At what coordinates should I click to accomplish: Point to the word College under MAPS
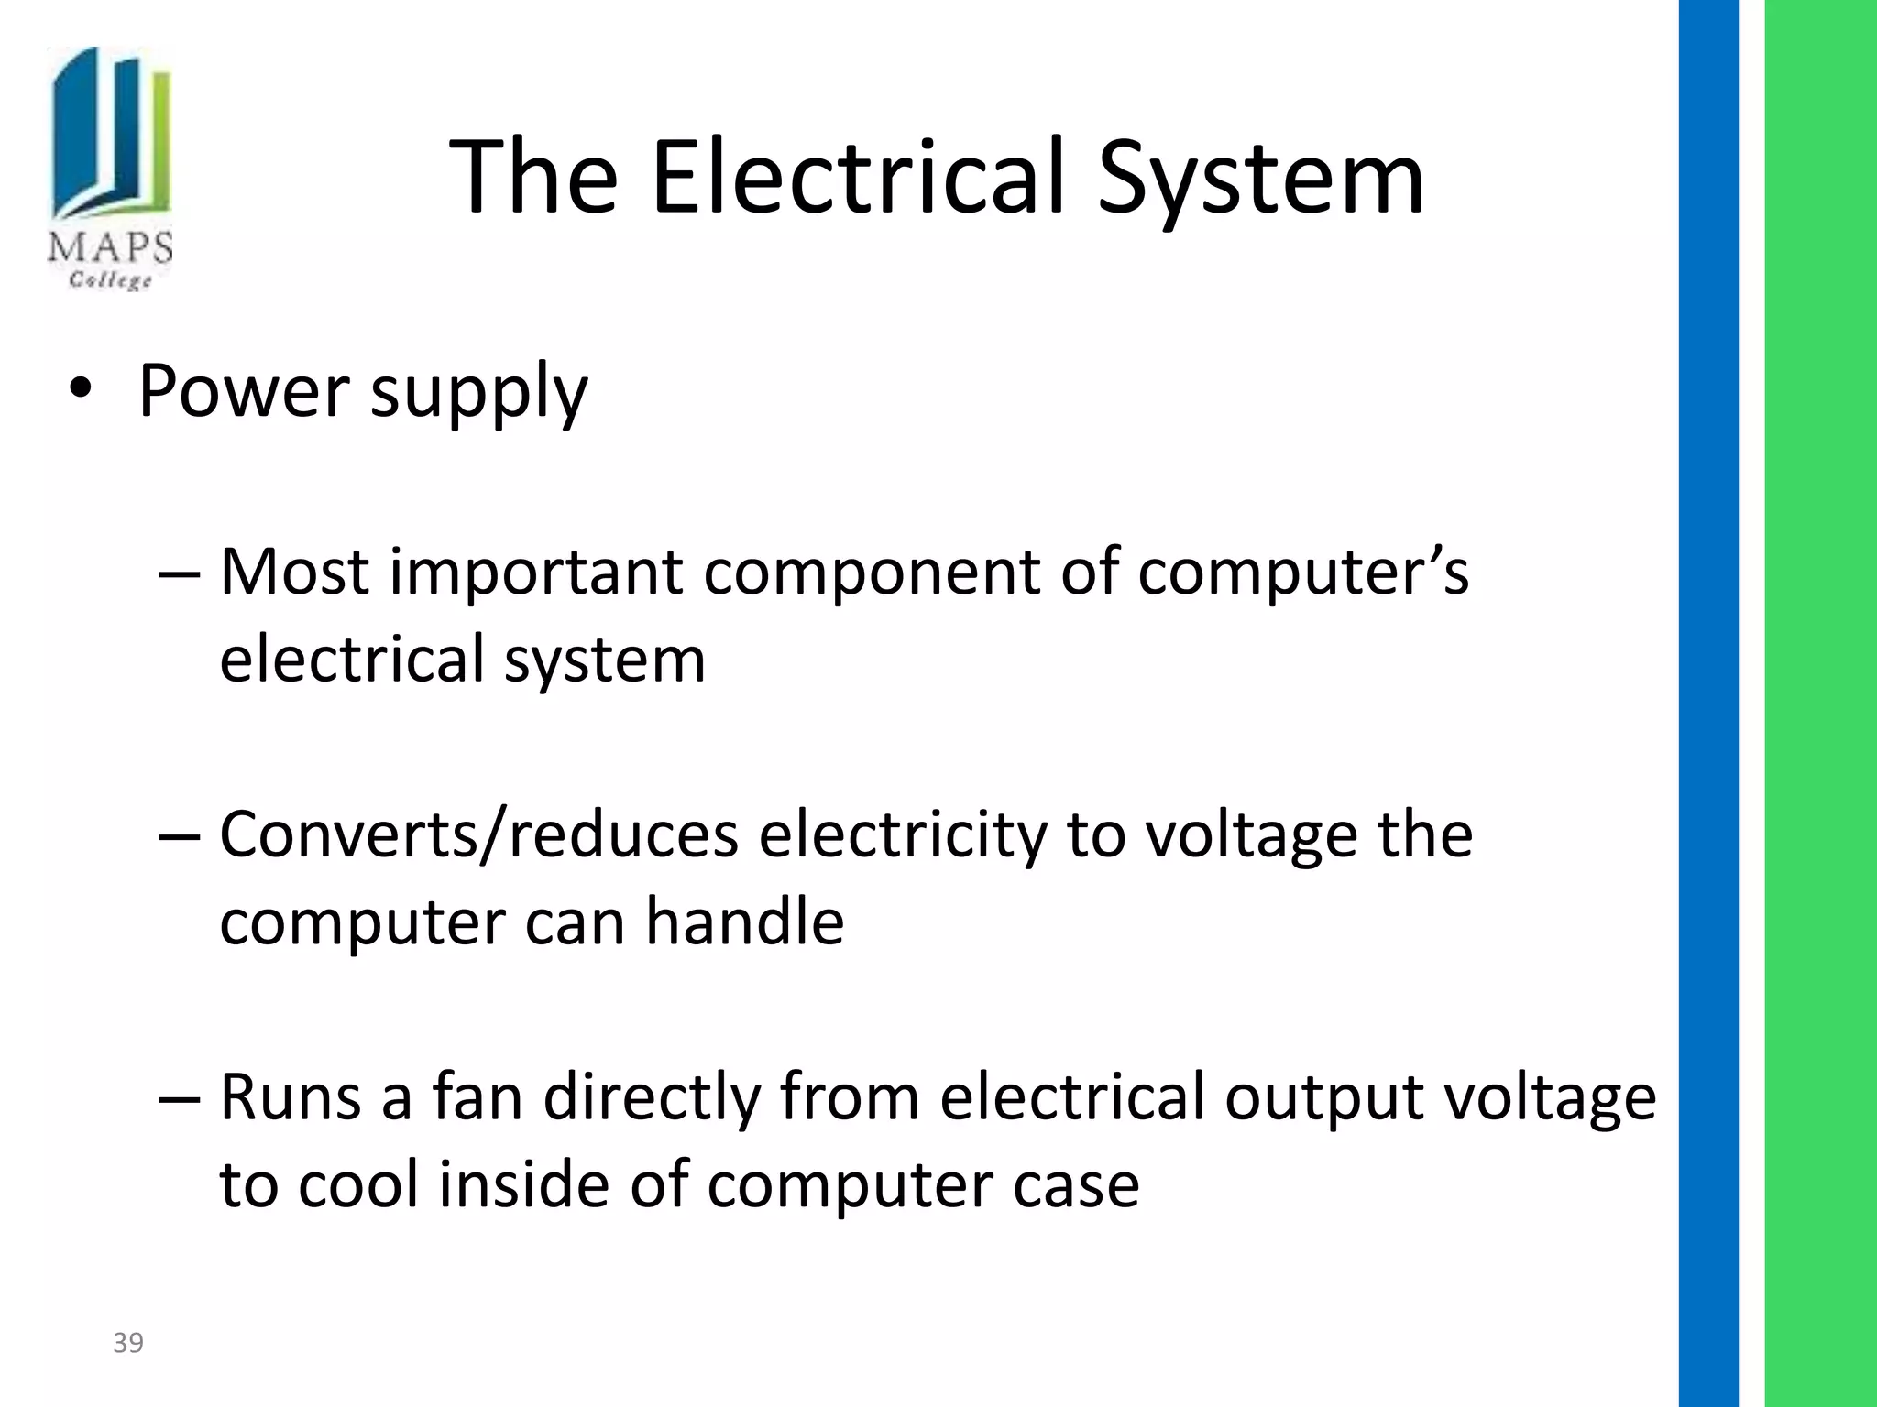[111, 278]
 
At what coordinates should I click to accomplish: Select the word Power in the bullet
[243, 391]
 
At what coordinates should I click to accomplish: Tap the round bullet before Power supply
[82, 390]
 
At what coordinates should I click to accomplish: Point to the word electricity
[903, 835]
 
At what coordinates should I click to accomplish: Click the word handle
[744, 922]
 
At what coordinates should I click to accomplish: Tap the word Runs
[291, 1097]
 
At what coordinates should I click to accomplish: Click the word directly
[652, 1099]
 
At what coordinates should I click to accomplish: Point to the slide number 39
[128, 1343]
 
